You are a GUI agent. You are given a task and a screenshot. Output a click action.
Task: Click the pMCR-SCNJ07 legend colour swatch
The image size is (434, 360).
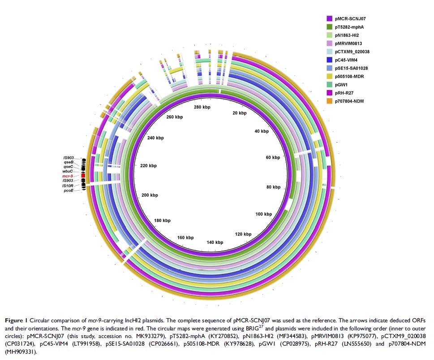(x=329, y=19)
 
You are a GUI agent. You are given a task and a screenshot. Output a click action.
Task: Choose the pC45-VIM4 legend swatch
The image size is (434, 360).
(x=329, y=60)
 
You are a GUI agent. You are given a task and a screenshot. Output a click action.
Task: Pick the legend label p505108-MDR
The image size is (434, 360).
(x=351, y=76)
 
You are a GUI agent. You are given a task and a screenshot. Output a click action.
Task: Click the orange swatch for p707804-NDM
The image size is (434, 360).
(x=329, y=100)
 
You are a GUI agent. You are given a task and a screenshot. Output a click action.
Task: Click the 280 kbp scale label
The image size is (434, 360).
(x=203, y=108)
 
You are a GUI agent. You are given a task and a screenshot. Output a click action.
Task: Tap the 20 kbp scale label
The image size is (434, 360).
(x=239, y=113)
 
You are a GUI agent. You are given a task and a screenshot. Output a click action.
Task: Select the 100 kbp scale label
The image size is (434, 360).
(x=264, y=214)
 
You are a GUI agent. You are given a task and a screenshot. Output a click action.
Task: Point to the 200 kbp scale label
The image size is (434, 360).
(x=149, y=195)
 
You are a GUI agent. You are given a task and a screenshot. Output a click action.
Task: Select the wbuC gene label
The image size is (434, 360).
(x=67, y=171)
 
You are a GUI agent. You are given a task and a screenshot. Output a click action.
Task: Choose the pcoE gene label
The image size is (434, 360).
(x=69, y=190)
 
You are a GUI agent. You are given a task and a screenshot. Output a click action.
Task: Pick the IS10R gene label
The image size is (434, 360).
(x=68, y=185)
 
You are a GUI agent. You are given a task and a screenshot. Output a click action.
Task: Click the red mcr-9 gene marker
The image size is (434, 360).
(x=83, y=176)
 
